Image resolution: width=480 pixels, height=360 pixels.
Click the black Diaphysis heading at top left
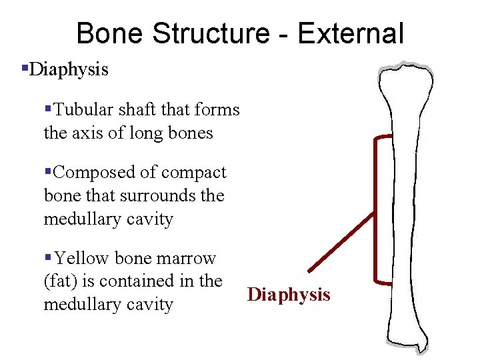[x=69, y=69]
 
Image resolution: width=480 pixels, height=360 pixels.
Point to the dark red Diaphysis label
[x=289, y=295]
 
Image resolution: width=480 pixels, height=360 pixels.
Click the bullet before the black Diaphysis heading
[x=25, y=68]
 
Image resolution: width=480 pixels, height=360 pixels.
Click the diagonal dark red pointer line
[x=341, y=241]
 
